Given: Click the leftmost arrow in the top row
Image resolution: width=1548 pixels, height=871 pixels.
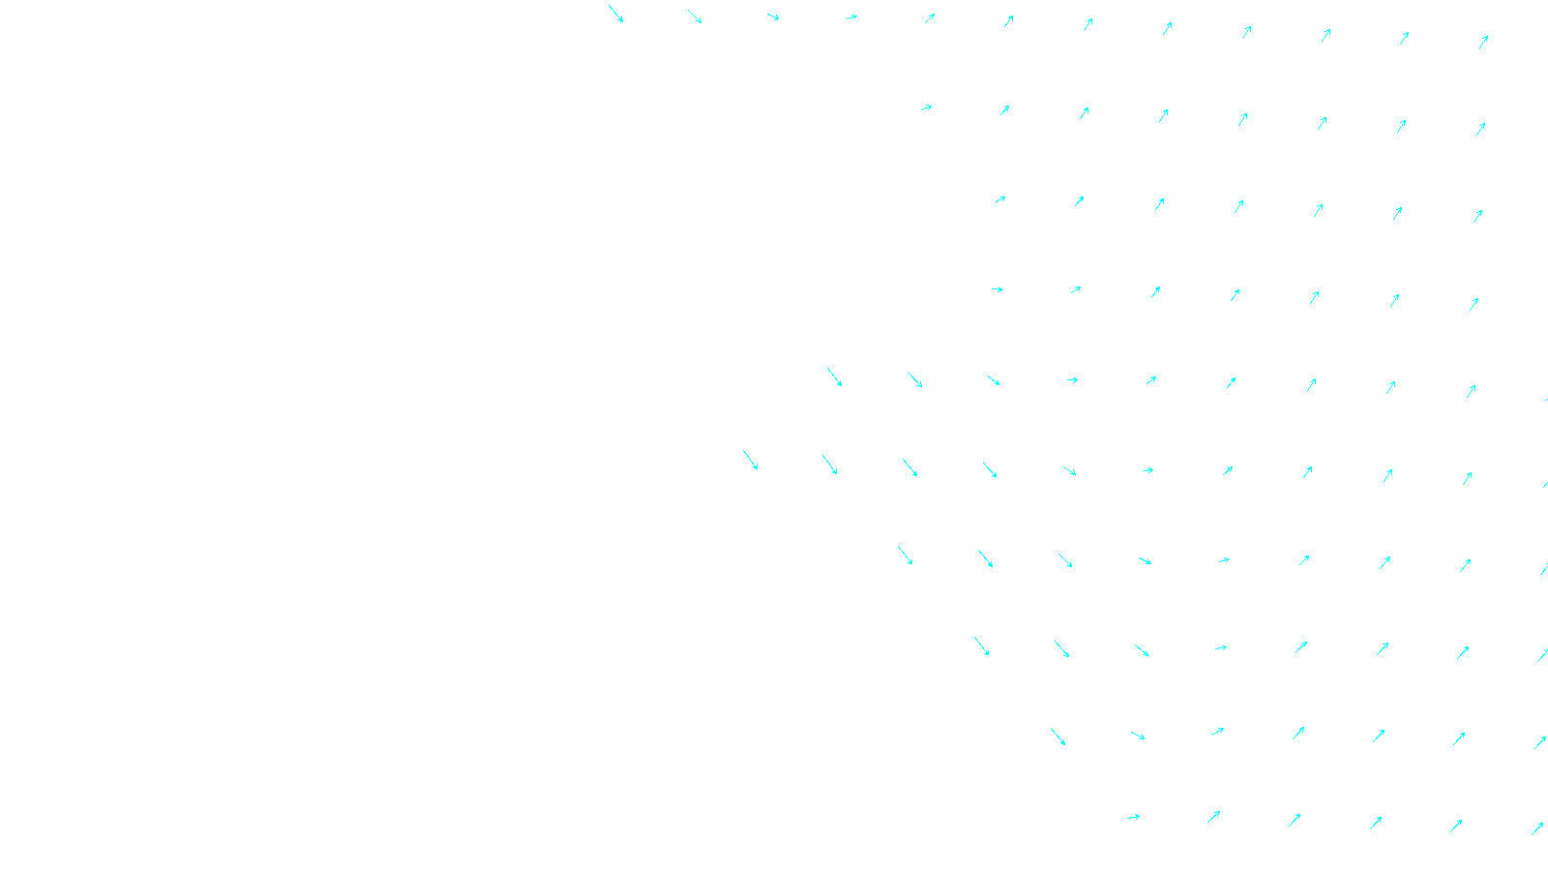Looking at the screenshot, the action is click(615, 14).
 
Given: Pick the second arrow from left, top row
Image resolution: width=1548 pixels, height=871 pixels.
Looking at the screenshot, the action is click(695, 16).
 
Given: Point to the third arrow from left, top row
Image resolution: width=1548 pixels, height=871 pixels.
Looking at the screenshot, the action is click(773, 16).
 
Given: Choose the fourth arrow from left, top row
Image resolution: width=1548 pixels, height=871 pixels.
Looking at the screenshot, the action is click(851, 16).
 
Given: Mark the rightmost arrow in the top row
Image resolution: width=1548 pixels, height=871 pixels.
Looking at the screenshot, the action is click(1483, 42).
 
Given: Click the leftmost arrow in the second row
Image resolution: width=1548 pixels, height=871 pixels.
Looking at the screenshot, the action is click(926, 107).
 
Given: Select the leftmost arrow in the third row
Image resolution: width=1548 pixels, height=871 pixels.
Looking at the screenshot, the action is click(1000, 199).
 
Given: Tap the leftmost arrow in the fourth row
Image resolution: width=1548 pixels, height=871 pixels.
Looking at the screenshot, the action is click(997, 289).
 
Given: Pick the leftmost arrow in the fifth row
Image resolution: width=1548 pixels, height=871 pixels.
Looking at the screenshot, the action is click(834, 376).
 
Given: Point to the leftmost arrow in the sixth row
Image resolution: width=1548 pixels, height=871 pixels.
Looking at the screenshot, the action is click(750, 460).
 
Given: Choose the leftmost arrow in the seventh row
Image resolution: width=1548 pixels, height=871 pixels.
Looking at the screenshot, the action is click(905, 555).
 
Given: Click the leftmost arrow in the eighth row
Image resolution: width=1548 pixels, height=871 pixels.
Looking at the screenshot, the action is click(981, 646).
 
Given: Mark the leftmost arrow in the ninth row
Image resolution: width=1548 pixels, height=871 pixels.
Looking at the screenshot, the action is click(1057, 736).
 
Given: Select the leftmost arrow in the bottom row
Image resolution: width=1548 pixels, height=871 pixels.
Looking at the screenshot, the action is click(1133, 817).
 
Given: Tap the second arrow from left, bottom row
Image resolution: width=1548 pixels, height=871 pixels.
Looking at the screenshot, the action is click(1213, 817).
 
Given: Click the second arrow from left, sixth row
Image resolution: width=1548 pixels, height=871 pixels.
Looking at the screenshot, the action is click(829, 465).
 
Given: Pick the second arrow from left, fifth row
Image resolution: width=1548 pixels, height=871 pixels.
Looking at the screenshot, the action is click(914, 379).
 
